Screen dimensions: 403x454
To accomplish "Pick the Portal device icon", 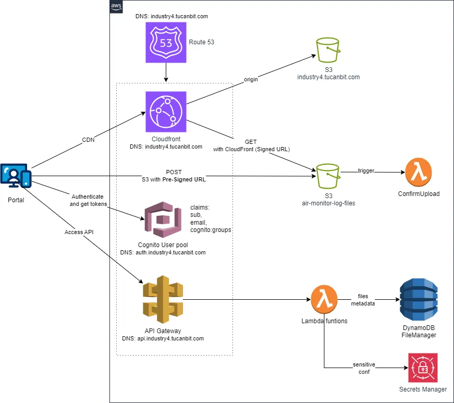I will (16, 176).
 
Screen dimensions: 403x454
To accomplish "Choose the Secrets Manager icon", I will (423, 368).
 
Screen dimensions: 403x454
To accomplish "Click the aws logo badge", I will (116, 6).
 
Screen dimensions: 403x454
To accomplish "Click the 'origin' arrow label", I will (252, 79).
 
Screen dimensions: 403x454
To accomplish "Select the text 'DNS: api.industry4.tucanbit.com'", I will (163, 338).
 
